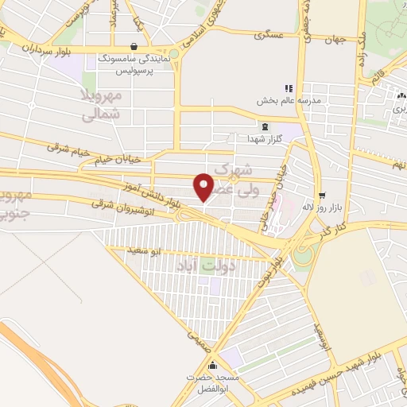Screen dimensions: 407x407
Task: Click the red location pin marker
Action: (x=204, y=187)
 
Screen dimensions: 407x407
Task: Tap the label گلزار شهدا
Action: (x=265, y=139)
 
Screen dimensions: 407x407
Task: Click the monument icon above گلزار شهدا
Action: (x=265, y=127)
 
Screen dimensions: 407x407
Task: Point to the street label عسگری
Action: (x=269, y=36)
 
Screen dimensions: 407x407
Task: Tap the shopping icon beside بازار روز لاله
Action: (x=322, y=195)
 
